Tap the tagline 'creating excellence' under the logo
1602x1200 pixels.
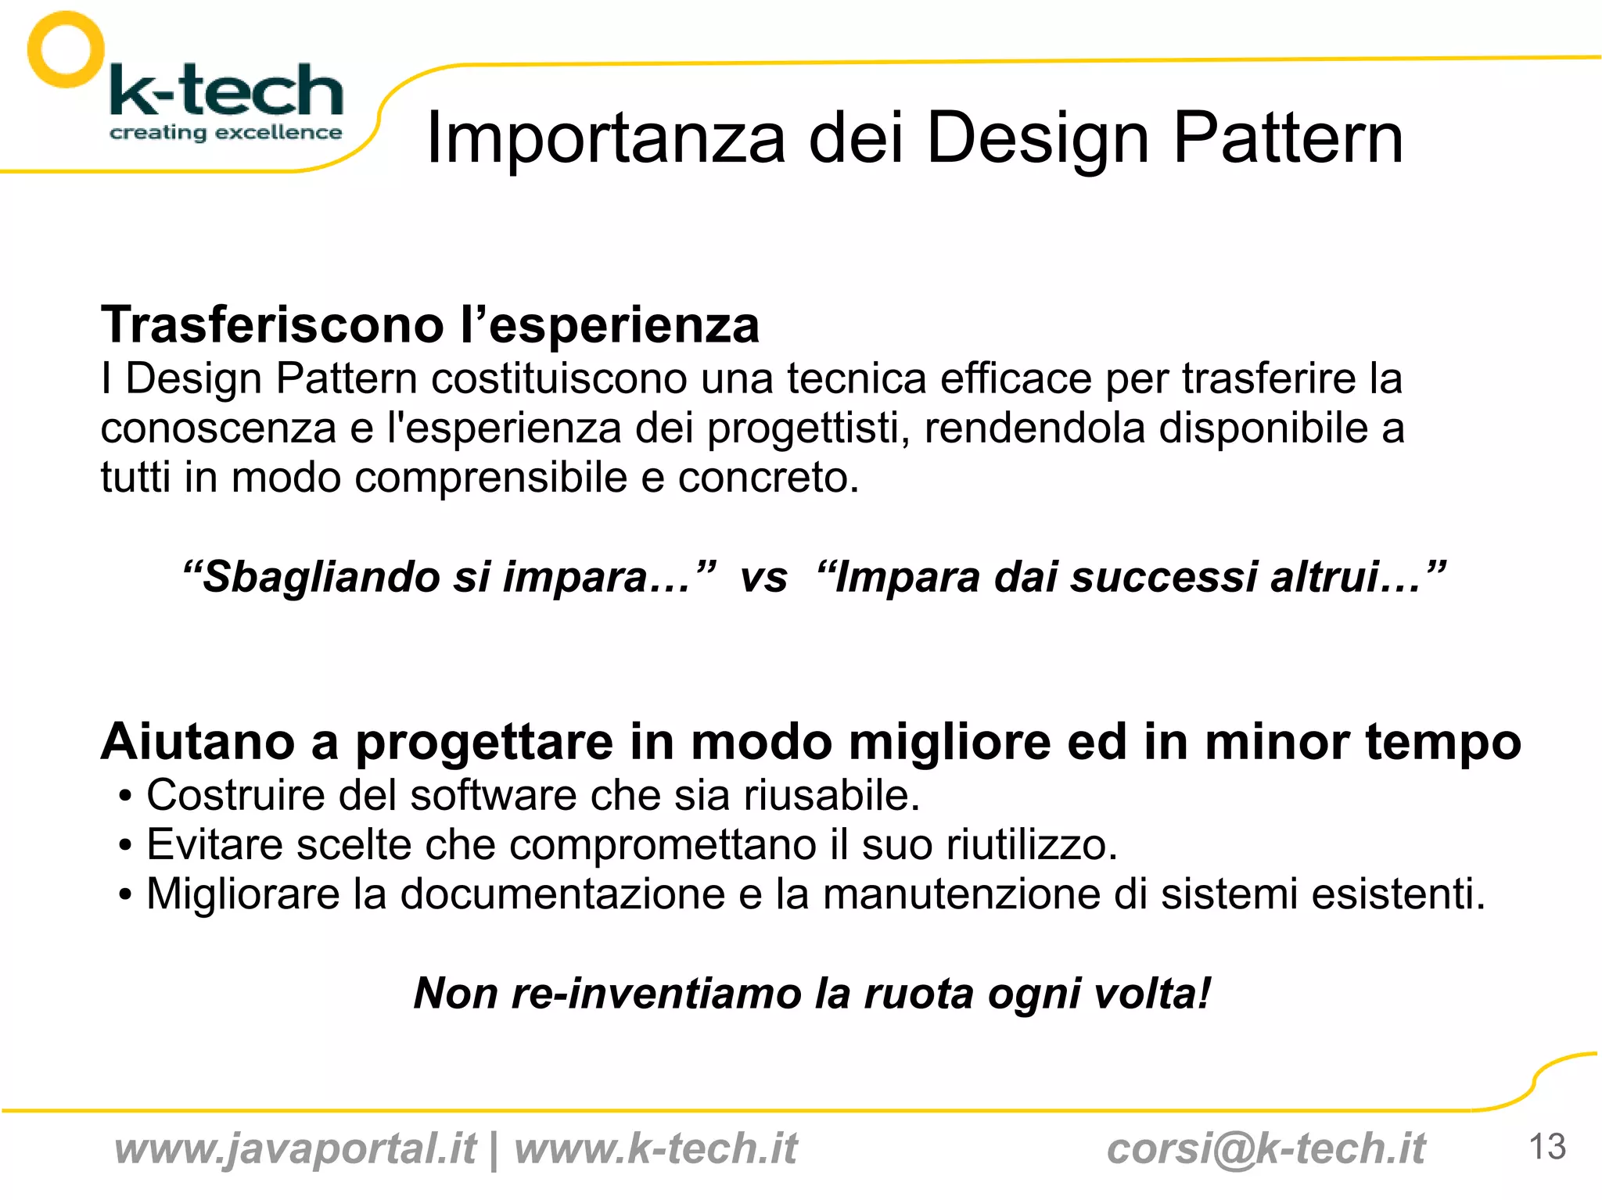(225, 133)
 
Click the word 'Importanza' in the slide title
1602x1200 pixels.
(605, 138)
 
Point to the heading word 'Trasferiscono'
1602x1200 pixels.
(272, 324)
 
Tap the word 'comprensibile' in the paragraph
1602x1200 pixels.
(490, 478)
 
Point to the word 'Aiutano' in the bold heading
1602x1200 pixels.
(198, 741)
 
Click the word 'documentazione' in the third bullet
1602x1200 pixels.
(562, 894)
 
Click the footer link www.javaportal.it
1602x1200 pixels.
(295, 1149)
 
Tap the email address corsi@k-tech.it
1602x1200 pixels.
(1266, 1149)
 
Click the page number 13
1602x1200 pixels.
(1546, 1148)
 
